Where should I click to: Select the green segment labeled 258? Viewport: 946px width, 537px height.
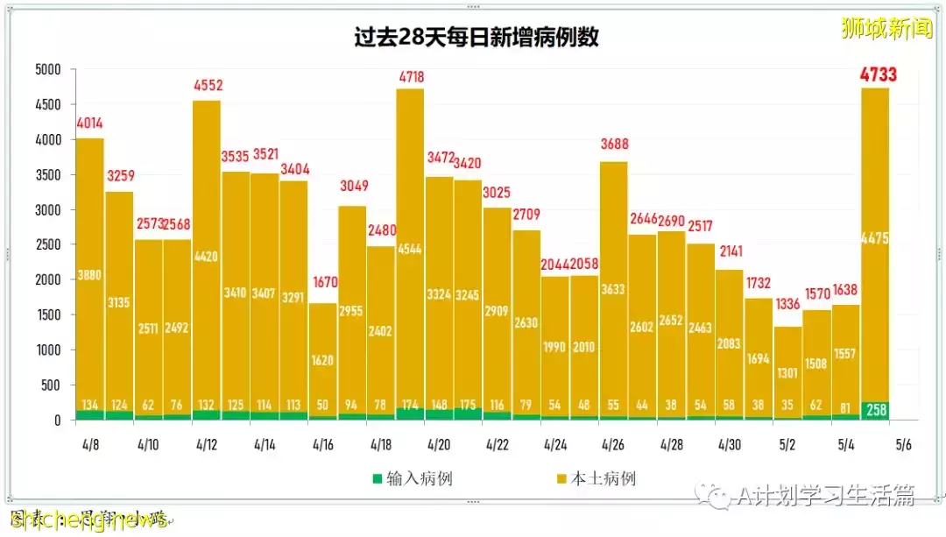876,410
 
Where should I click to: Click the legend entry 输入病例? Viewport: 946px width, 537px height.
413,478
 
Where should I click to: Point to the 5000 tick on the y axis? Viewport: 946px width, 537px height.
47,69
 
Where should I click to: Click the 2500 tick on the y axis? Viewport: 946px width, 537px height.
47,245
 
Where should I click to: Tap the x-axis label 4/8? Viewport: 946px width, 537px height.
90,445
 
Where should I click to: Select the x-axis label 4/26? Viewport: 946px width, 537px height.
612,445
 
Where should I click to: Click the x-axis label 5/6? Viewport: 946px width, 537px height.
903,445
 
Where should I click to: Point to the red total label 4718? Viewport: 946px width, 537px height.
410,76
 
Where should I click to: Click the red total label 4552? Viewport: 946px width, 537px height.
207,87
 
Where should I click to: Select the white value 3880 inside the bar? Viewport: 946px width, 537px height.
90,274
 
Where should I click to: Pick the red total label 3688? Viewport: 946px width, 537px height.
614,145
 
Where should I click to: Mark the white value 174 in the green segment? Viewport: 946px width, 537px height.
410,406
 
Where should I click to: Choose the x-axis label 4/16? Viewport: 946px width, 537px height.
322,445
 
